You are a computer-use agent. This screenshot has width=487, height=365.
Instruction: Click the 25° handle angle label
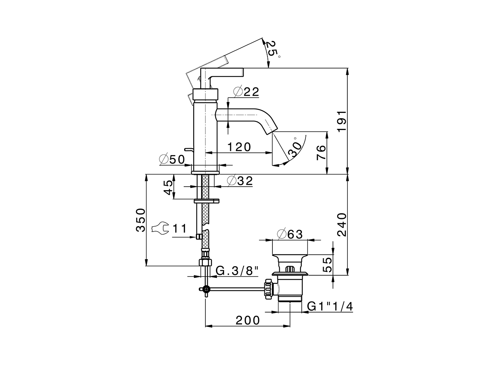click(272, 49)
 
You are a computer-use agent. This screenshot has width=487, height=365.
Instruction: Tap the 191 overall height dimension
click(342, 121)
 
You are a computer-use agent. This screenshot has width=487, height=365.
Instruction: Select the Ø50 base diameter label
click(172, 159)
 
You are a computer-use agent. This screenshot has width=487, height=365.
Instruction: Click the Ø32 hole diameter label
click(240, 181)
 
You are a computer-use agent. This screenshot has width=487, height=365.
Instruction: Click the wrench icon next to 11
click(160, 229)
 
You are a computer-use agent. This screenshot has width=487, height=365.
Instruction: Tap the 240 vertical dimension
click(342, 224)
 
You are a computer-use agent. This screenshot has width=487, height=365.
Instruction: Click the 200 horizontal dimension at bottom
click(247, 320)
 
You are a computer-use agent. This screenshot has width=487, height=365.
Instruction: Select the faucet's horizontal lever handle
click(224, 72)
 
